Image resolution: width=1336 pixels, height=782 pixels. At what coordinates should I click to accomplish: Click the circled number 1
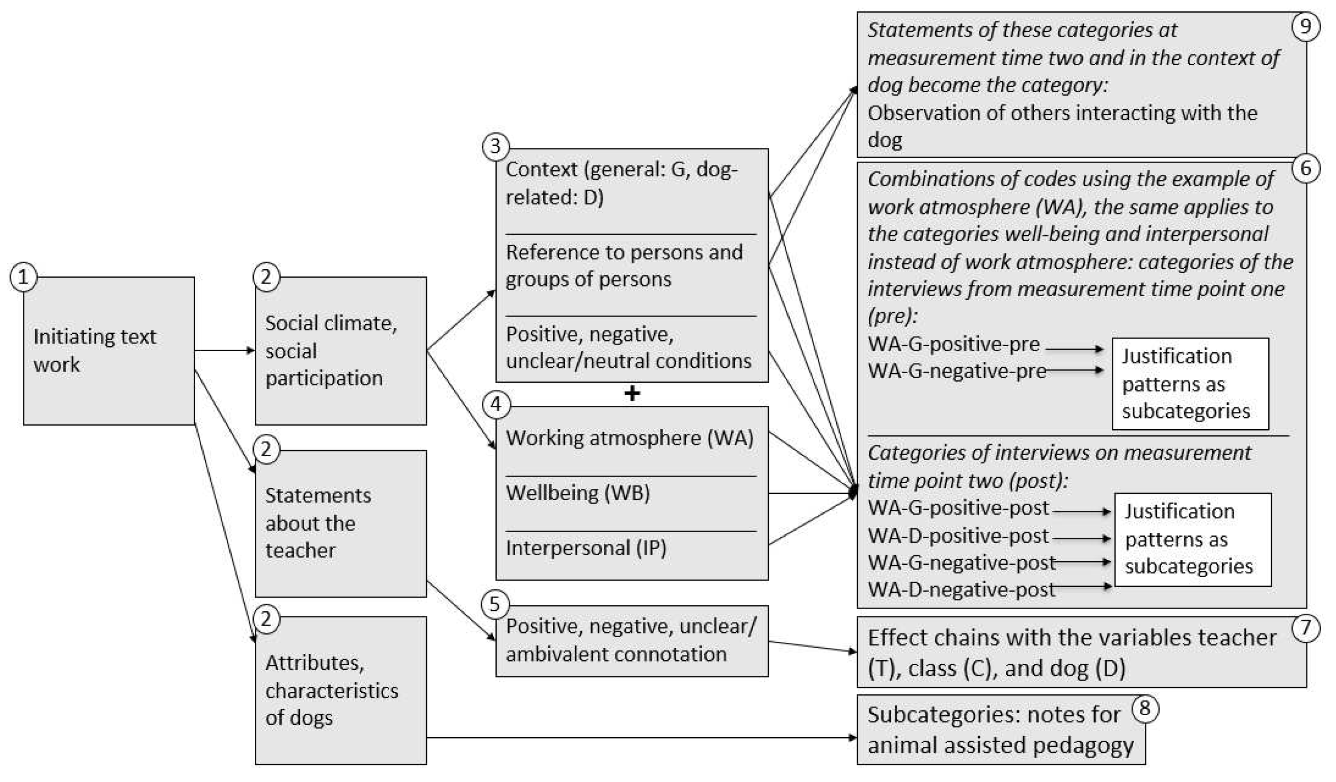(23, 277)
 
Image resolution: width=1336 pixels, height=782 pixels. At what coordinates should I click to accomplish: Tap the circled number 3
(495, 146)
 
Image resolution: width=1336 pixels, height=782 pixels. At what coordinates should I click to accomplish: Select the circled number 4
(495, 405)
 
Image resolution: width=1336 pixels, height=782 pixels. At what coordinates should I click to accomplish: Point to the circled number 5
(494, 604)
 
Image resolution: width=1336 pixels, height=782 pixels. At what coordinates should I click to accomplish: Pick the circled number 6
(1305, 168)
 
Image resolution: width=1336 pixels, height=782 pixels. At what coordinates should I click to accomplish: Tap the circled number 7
(1305, 628)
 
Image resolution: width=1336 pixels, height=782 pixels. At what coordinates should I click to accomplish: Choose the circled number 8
(1144, 708)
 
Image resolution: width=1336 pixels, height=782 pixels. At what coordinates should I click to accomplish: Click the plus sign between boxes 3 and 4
(632, 394)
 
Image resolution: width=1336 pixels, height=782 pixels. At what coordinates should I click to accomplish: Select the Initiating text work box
(109, 351)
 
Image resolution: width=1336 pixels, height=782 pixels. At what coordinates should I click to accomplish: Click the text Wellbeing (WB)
(578, 493)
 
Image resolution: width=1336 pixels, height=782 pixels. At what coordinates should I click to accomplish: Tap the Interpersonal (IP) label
(586, 548)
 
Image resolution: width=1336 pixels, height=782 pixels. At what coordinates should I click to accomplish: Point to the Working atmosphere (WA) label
(629, 438)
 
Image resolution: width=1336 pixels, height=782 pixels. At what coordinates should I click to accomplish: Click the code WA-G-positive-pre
(953, 344)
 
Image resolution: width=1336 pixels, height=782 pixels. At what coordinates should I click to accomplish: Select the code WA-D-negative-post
(961, 589)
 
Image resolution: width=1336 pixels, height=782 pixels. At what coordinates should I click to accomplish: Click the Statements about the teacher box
(340, 524)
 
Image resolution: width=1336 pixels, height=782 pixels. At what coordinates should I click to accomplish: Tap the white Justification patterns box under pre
(1190, 383)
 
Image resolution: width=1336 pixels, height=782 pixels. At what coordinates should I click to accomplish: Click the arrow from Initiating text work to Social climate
(225, 350)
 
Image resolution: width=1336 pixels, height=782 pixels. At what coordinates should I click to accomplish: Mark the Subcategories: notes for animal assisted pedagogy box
(1000, 730)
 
